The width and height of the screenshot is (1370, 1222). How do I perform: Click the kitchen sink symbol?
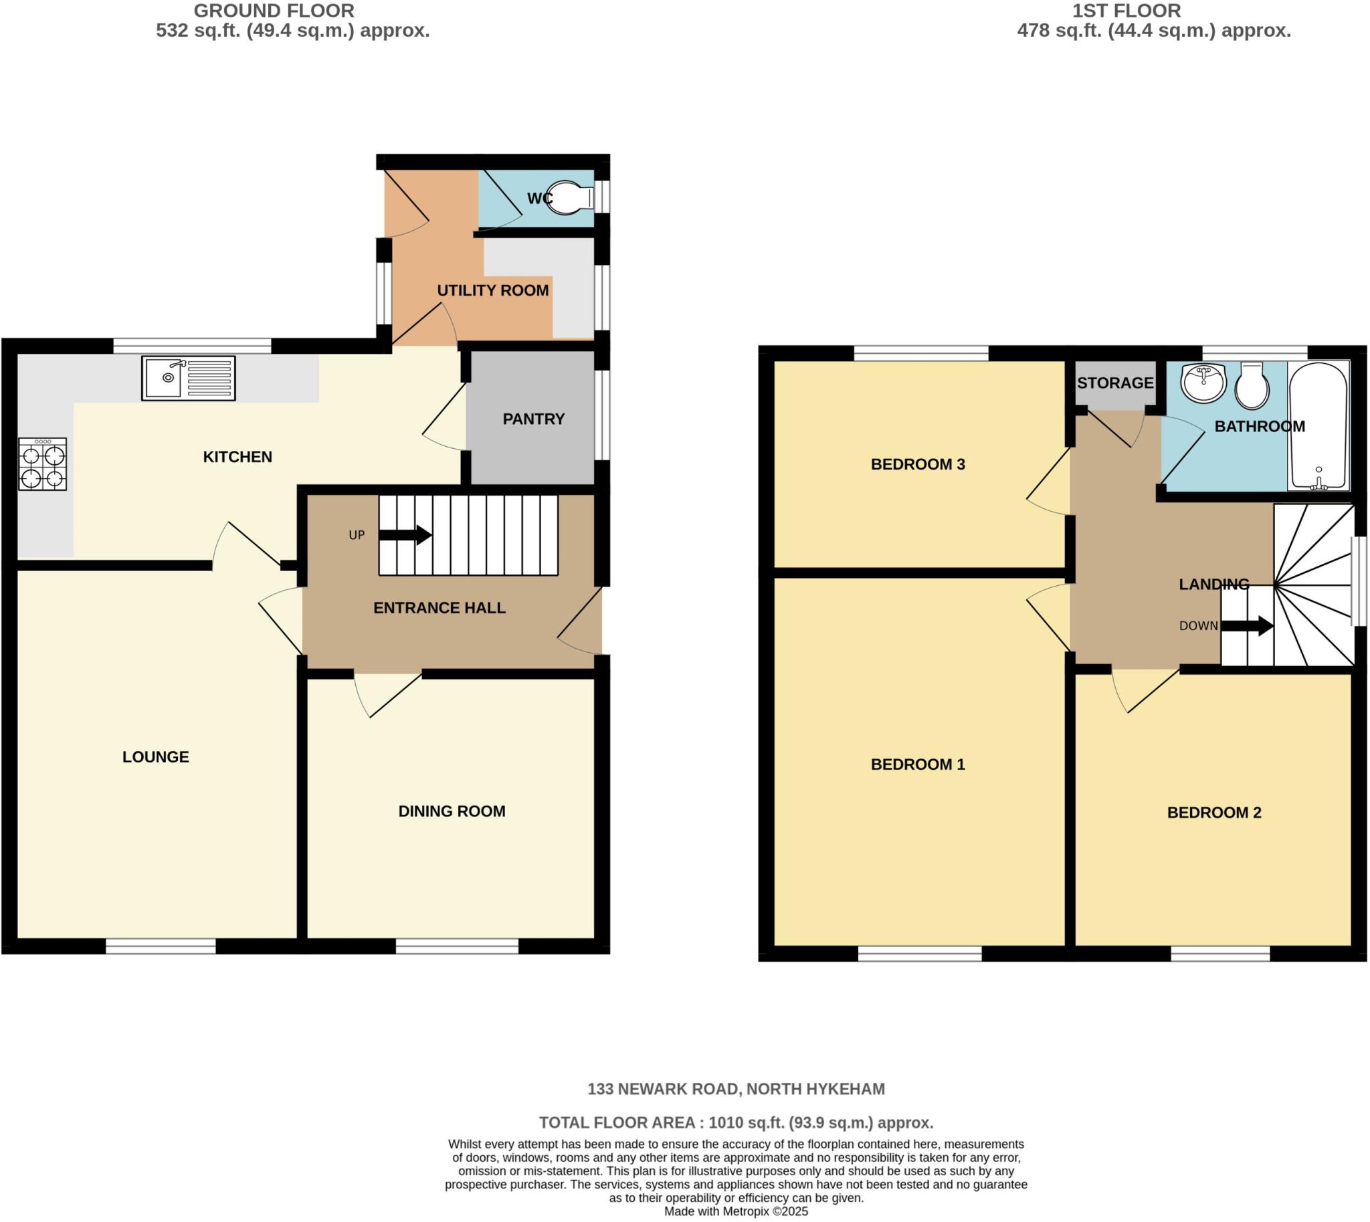(188, 379)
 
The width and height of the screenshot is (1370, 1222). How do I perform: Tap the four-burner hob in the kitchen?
(42, 464)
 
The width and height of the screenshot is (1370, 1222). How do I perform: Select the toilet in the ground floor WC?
(569, 197)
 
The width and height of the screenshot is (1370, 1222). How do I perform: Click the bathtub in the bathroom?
(1318, 425)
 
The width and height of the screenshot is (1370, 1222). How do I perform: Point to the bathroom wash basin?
(1203, 383)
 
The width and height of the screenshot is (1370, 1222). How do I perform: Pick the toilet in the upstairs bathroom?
(1252, 385)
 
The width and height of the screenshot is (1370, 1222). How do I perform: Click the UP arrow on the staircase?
(405, 535)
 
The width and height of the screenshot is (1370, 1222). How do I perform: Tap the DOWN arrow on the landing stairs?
(1246, 626)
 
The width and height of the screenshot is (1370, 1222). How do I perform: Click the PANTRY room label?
(533, 419)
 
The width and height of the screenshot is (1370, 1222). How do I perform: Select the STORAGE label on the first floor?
(1115, 383)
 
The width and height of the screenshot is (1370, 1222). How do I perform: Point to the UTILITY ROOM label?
(492, 290)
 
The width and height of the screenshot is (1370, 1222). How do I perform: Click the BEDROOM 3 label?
(917, 464)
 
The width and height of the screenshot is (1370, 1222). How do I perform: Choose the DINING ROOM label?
(452, 811)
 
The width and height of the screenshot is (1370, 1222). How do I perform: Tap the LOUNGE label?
(155, 756)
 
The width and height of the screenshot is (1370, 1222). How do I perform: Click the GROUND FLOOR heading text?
(274, 11)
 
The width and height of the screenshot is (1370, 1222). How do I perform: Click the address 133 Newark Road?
(736, 1089)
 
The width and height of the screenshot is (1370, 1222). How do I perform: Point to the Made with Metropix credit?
(736, 1212)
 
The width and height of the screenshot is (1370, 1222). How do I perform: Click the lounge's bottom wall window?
(161, 946)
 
